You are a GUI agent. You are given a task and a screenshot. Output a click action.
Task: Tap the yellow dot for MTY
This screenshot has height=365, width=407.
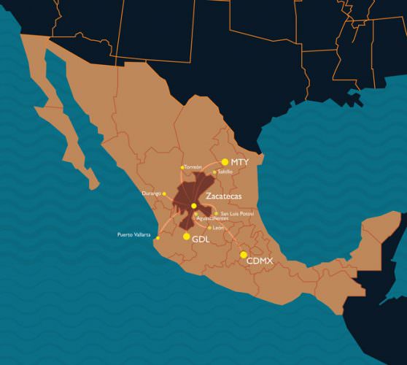point(225,162)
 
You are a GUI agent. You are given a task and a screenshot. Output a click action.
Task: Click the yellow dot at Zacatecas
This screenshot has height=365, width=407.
point(193,206)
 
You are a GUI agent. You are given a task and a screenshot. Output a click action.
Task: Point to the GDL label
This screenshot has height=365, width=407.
point(201,239)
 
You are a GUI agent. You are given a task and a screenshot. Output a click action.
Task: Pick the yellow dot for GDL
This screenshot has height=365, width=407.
point(186,237)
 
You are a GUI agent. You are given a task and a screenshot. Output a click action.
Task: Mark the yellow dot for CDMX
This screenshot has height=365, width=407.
point(244,254)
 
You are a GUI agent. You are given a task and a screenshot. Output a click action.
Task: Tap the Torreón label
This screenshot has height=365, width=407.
point(193,166)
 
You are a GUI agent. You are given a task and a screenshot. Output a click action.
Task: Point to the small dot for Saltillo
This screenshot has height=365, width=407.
point(214,172)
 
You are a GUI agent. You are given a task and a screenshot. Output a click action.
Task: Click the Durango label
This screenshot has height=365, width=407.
point(151,193)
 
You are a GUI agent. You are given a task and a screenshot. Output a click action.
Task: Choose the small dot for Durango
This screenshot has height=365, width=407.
point(163,193)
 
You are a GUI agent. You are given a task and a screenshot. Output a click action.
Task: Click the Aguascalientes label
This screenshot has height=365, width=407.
point(212,218)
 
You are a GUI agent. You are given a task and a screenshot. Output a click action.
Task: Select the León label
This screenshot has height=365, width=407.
point(219,228)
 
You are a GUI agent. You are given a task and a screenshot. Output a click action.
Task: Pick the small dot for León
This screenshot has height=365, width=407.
point(210,228)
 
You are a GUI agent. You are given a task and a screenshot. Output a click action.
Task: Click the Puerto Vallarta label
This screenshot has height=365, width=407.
point(134,234)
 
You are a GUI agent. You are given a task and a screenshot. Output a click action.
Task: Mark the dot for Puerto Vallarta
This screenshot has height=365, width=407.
point(157,238)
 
